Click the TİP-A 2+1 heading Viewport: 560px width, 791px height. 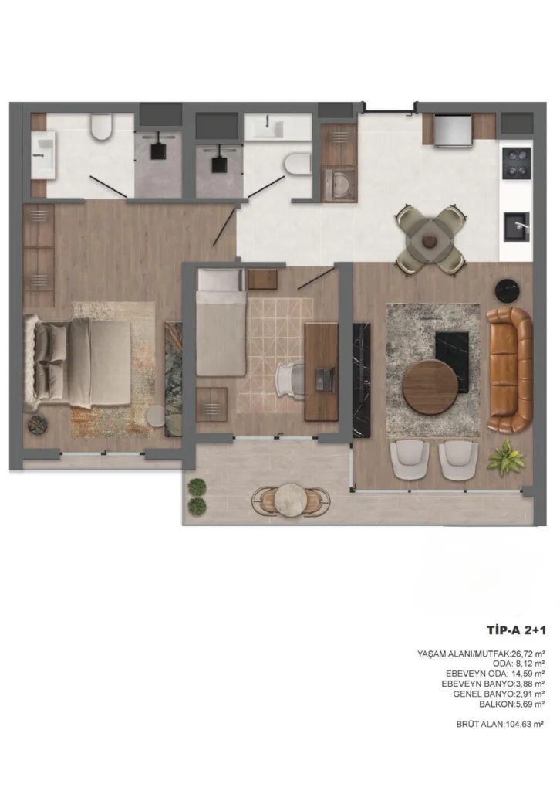click(x=516, y=630)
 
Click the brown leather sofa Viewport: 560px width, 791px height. click(x=511, y=369)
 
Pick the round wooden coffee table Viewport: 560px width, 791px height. click(x=430, y=387)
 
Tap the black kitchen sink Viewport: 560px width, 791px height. click(x=517, y=227)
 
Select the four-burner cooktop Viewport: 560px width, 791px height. click(x=517, y=163)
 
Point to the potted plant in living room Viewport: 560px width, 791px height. click(x=506, y=457)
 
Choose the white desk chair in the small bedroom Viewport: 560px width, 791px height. click(x=289, y=379)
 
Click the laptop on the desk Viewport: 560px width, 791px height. click(x=325, y=379)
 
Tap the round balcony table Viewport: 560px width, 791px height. click(x=291, y=500)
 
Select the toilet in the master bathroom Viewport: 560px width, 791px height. click(x=101, y=127)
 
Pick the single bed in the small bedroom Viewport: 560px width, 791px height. click(x=221, y=322)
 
